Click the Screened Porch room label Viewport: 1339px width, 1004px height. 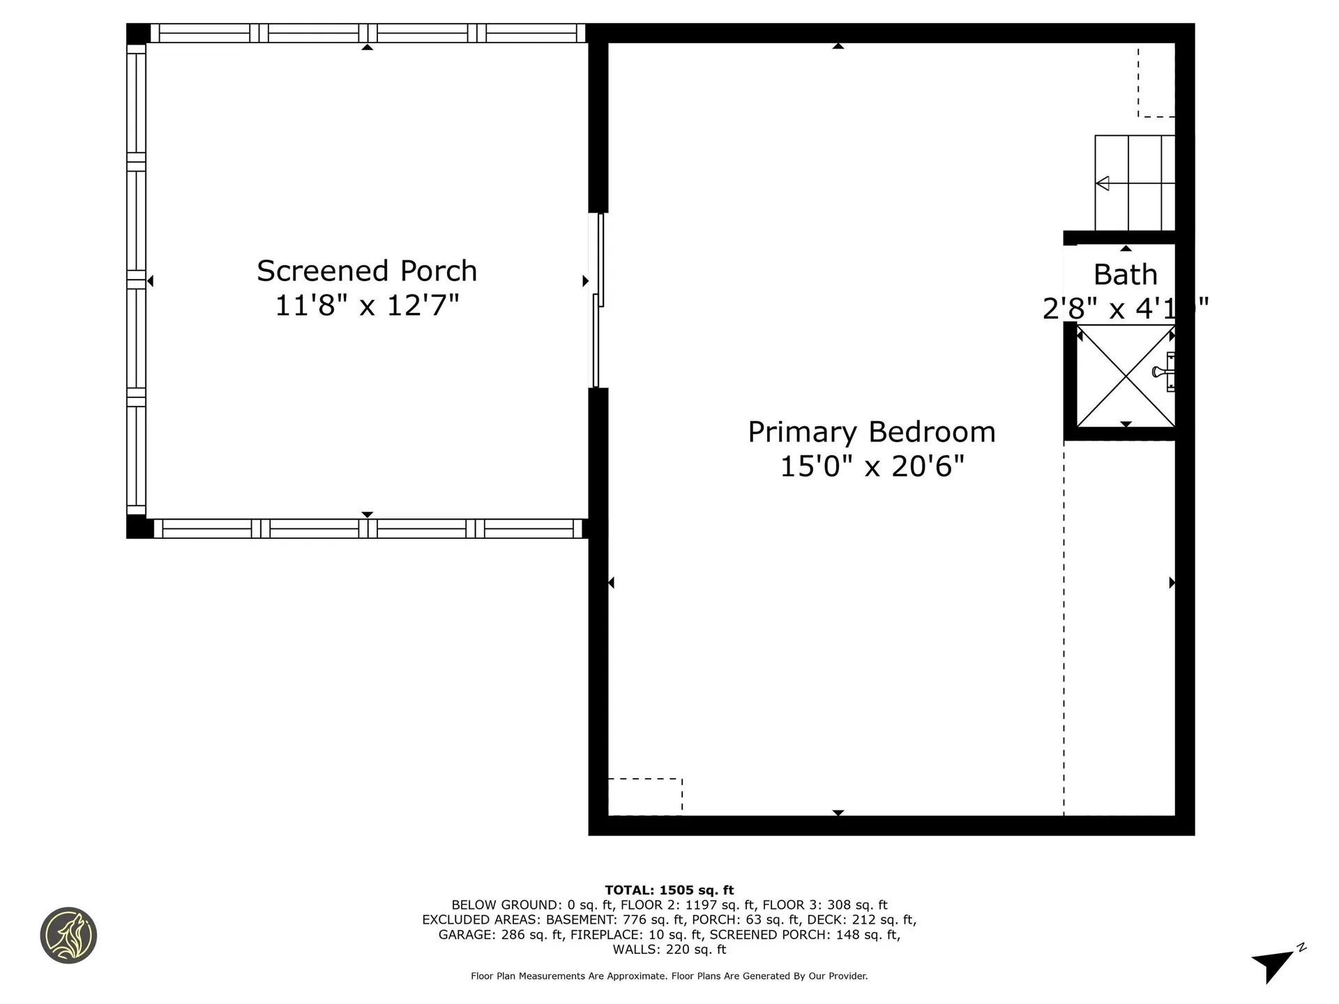pos(367,271)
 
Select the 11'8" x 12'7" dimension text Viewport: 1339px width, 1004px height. pos(367,305)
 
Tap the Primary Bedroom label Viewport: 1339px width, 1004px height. pos(871,432)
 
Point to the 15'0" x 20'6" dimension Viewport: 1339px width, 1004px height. pos(871,466)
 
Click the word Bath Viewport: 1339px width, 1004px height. pos(1125,275)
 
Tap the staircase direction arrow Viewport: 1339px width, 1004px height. pos(1103,183)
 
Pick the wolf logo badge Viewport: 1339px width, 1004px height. pos(68,935)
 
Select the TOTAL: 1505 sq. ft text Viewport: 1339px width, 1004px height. pos(669,890)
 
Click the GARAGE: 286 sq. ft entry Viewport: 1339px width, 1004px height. pos(500,935)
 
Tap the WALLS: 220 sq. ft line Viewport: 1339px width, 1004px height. pos(669,950)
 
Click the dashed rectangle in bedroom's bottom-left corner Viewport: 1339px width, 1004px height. pos(645,796)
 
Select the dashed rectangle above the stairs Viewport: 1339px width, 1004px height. pos(1156,82)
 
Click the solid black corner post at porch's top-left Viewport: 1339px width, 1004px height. pos(137,33)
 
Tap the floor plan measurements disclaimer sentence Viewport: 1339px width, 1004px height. pos(669,976)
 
